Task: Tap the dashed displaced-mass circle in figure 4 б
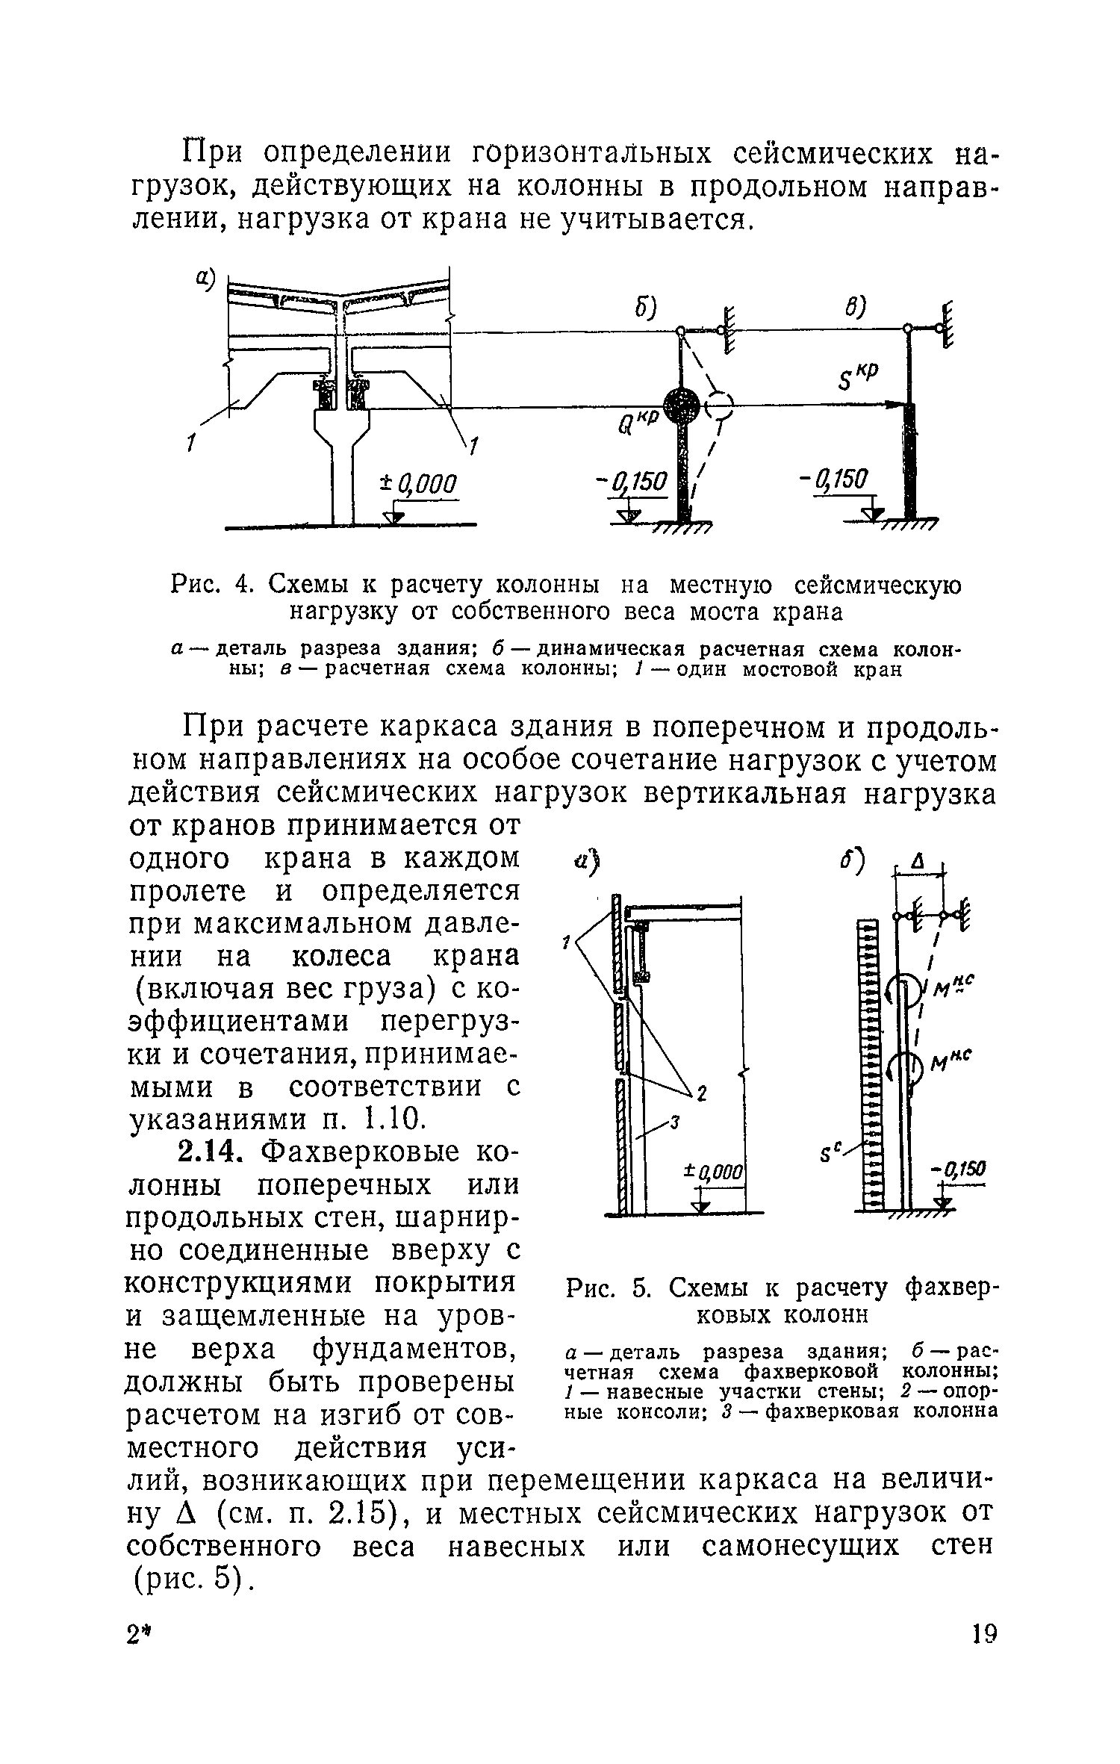[718, 407]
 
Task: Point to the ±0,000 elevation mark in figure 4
[418, 483]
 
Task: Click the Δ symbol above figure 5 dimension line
[919, 863]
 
